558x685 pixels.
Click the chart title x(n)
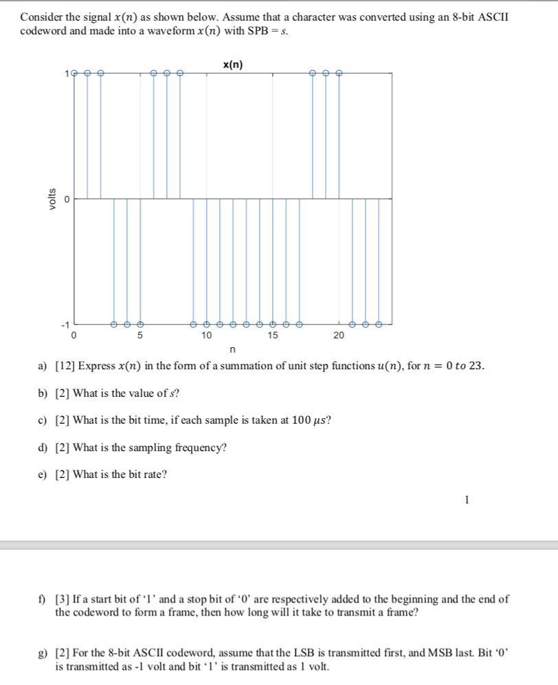(x=233, y=65)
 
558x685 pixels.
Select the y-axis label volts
(x=48, y=198)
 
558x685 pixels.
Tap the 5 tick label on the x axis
(x=140, y=336)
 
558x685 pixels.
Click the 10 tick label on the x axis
(x=206, y=336)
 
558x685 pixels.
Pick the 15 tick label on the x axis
(x=272, y=336)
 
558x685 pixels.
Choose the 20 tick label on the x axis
(x=338, y=336)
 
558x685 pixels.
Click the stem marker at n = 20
(x=339, y=72)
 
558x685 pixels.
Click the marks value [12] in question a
(x=65, y=366)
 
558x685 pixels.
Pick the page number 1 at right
(x=467, y=500)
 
